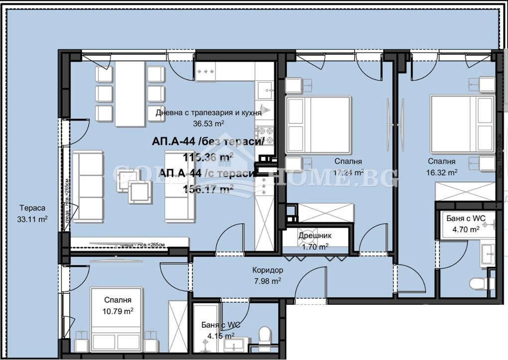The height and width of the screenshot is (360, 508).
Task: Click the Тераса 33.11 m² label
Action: click(x=33, y=213)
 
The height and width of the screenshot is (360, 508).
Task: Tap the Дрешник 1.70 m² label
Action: click(x=315, y=240)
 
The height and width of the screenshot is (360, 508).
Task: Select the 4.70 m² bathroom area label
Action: click(x=466, y=229)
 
